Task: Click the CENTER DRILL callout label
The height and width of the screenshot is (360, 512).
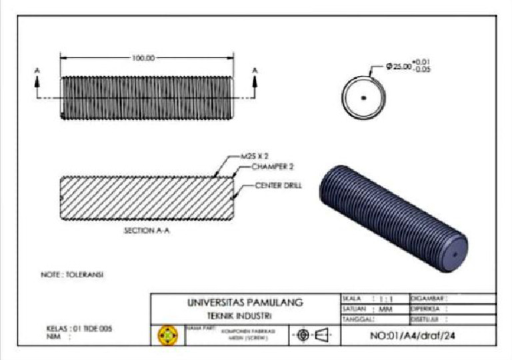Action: coord(278,185)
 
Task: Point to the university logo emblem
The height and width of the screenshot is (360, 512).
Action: coord(167,335)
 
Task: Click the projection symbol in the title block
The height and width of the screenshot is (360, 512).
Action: coord(313,334)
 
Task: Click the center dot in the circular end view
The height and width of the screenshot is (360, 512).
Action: coord(363,97)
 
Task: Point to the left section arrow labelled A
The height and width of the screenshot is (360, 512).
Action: coord(37,78)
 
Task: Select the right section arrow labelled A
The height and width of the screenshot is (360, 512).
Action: coord(255,78)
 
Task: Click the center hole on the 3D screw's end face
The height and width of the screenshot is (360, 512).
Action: coord(453,254)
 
